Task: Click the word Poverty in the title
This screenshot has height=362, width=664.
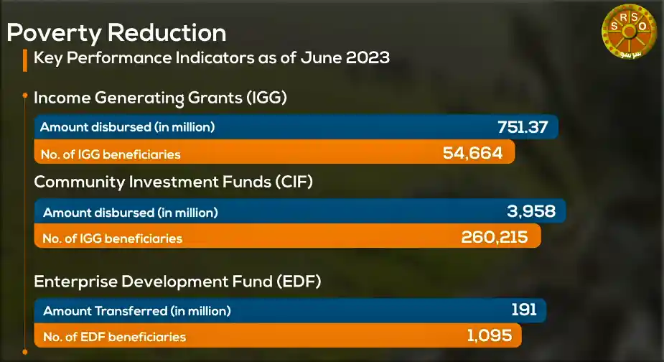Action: pos(55,33)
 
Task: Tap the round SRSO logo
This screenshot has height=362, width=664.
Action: pos(630,32)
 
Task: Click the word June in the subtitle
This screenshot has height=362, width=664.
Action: pos(320,57)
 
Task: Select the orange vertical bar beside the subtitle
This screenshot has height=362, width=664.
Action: pos(25,60)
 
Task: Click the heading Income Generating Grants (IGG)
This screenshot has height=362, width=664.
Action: pos(160,98)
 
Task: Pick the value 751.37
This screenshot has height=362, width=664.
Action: pos(523,126)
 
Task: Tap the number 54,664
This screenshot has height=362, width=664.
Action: pos(472,152)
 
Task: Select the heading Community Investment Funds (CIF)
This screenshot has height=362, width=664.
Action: pos(173,182)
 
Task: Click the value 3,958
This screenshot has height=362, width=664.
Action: pos(531,211)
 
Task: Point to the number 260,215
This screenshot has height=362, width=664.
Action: pos(494,237)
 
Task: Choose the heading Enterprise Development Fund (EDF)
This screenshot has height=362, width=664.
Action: pos(177,282)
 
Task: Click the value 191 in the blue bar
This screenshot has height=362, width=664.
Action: pos(524,310)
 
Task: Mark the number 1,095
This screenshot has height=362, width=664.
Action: pos(490,335)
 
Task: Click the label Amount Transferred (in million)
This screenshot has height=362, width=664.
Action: pos(137,311)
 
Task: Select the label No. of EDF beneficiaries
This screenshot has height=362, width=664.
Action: pos(114,337)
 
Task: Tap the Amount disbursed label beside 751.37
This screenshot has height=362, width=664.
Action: pos(128,127)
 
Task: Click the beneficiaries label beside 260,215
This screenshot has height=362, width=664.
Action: pos(112,238)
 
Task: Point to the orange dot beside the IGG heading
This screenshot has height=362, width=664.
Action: pos(25,96)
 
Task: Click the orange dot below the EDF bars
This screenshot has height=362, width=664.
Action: pos(25,352)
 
